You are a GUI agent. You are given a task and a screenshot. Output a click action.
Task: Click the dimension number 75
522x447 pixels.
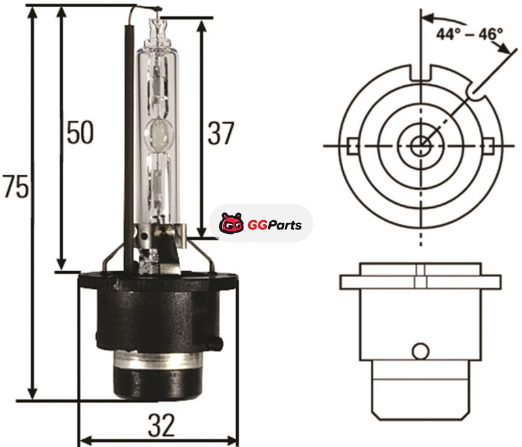point(16,187)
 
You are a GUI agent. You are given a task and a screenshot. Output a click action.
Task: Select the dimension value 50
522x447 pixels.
point(80,132)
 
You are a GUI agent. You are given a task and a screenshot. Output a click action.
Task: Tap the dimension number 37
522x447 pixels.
point(221,133)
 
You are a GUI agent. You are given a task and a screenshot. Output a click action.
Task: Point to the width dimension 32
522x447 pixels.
point(161,425)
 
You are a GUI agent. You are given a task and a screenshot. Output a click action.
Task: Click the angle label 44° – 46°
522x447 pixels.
point(470,34)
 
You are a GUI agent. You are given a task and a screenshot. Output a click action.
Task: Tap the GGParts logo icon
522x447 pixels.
point(231,223)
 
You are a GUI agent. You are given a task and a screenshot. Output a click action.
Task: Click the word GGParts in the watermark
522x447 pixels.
point(275,225)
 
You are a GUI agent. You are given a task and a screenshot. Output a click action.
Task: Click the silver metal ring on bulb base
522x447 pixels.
point(158,361)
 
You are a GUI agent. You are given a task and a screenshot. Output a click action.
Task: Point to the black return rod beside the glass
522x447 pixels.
point(129,146)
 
